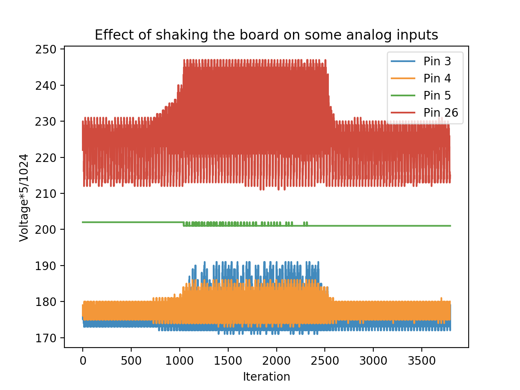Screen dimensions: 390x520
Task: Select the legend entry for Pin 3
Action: tap(437, 61)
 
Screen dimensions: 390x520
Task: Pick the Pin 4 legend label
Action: tap(437, 78)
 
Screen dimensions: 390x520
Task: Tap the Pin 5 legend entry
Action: tap(437, 95)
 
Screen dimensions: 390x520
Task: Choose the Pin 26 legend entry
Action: tap(441, 113)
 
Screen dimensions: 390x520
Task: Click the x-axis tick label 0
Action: tap(83, 361)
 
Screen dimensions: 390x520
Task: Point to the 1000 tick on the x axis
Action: tap(180, 361)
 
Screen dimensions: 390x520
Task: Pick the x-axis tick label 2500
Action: tap(325, 361)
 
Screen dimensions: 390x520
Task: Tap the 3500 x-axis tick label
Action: tap(422, 361)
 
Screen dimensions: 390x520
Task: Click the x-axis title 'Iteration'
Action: tap(266, 377)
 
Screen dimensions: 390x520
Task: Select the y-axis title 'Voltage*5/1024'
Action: tap(24, 197)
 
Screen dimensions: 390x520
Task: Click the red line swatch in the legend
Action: tap(403, 113)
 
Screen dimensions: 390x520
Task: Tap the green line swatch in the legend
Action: tap(403, 95)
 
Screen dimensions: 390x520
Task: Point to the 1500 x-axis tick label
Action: tap(228, 361)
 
